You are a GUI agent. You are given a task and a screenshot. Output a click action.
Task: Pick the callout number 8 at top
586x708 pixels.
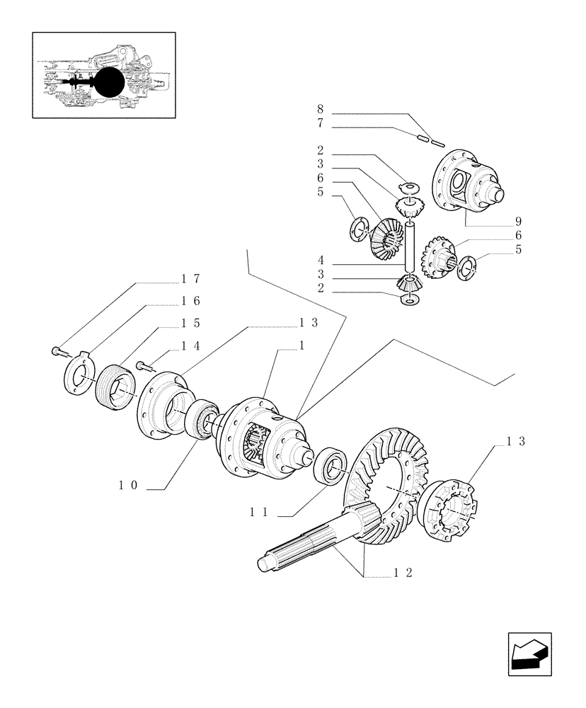321,110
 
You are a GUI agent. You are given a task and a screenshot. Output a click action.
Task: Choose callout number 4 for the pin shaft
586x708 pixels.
321,260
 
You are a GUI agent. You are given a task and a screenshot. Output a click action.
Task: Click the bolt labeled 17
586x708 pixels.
57,349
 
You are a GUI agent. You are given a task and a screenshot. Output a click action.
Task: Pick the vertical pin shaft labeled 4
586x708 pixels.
408,248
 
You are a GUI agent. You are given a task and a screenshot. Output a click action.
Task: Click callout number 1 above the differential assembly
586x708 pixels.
301,345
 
